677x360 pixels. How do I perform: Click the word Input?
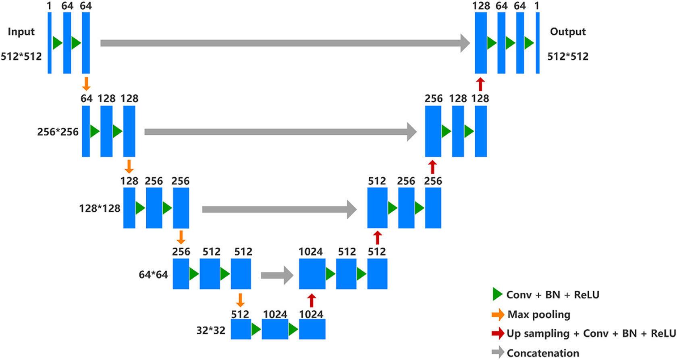point(21,31)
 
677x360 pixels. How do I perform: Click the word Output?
point(567,31)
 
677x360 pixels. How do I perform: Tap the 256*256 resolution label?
point(58,132)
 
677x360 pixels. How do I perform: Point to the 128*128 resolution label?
point(100,208)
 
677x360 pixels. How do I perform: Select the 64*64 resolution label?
point(153,275)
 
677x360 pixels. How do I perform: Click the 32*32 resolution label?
point(211,331)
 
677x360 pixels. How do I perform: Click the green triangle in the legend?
point(497,295)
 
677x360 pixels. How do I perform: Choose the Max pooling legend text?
point(539,314)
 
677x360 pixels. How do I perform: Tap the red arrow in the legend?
point(498,333)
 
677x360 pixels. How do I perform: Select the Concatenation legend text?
point(543,353)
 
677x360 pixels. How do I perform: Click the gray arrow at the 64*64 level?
point(277,275)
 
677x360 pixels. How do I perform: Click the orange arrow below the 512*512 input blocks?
point(86,84)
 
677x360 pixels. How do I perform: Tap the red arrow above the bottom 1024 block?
point(311,301)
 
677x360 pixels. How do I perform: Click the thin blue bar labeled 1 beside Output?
point(538,43)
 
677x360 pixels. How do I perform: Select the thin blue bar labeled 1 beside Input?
point(50,43)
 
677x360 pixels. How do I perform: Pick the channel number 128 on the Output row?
point(481,6)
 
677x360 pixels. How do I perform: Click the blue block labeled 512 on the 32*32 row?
point(241,329)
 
